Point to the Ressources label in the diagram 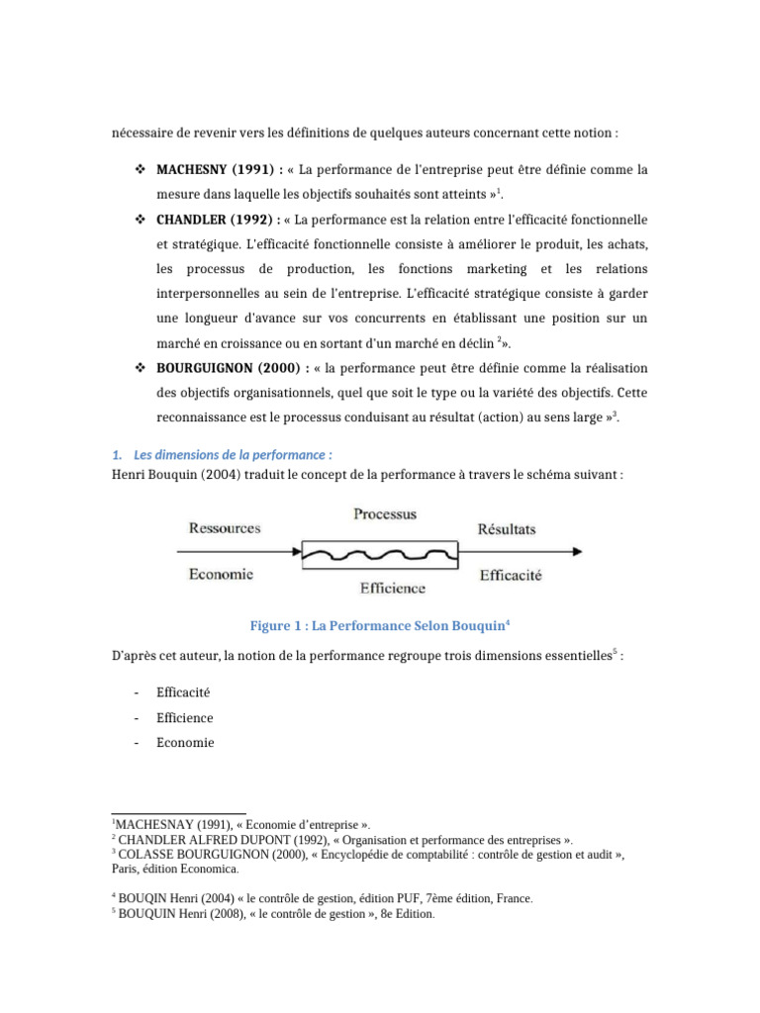tap(225, 528)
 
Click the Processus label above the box tap(385, 514)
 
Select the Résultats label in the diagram tap(507, 529)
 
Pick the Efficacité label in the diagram tap(510, 575)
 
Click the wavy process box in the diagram tap(380, 552)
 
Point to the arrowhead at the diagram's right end tap(587, 552)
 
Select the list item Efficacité tap(184, 692)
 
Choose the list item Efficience tap(185, 717)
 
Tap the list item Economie tap(185, 742)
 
